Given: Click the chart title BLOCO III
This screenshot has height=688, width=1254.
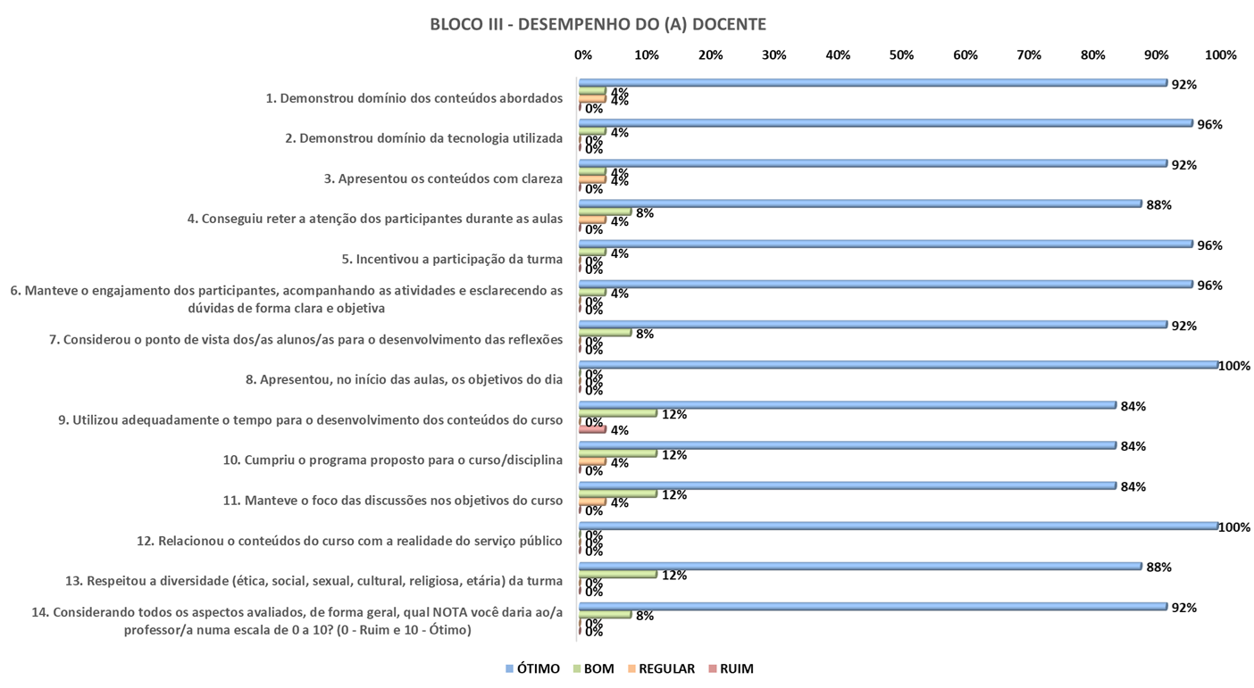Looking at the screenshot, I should coord(598,24).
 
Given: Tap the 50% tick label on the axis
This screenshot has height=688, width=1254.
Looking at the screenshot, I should coord(901,55).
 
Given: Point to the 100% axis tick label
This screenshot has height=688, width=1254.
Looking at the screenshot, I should coord(1220,55).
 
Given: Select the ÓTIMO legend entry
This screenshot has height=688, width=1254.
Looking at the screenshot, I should coord(532,668).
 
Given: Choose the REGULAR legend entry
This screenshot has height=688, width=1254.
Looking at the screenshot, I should coord(659,668).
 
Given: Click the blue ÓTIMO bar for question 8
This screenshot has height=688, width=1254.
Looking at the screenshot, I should coord(899,364).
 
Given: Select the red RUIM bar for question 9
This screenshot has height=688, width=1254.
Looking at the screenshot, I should coord(593,429).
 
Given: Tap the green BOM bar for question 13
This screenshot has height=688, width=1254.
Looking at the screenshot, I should coord(618,574).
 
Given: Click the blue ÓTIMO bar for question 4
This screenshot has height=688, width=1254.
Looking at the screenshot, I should coord(860,203).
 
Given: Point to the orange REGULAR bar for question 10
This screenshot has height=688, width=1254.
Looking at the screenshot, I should coord(593,461).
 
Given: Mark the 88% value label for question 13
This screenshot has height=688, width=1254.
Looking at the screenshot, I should coord(1159,568).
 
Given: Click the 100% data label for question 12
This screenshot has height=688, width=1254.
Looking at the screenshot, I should coord(1234,527).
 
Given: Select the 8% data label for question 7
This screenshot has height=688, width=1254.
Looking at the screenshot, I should coord(644,334).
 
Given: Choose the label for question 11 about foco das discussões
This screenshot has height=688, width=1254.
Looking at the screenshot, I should coord(404,501).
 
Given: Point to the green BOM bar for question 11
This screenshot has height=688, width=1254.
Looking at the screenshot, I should coord(618,493).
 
